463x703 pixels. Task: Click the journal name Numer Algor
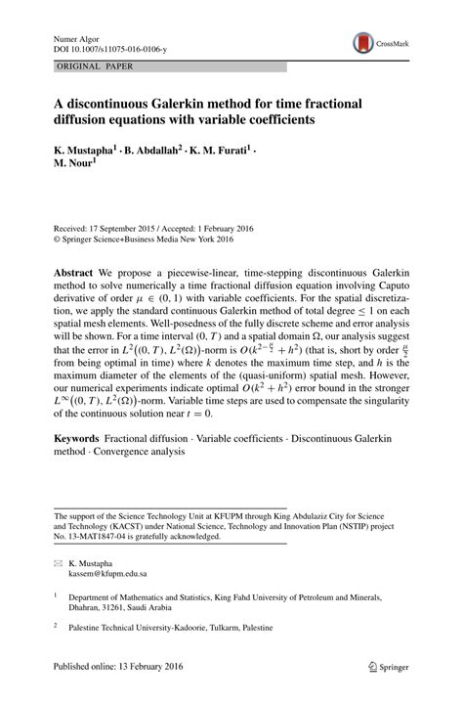pyautogui.click(x=73, y=36)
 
